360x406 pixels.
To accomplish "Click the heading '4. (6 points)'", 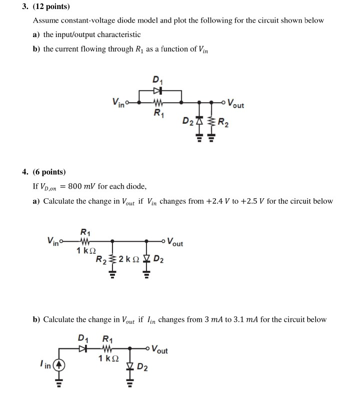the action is click(44, 172).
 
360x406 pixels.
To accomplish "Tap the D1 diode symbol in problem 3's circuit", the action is click(158, 91).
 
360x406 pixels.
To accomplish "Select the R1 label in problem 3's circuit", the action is click(158, 113).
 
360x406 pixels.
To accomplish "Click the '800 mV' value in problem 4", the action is click(85, 187).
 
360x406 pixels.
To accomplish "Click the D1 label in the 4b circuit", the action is click(83, 337).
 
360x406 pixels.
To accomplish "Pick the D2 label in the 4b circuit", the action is click(143, 369).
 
